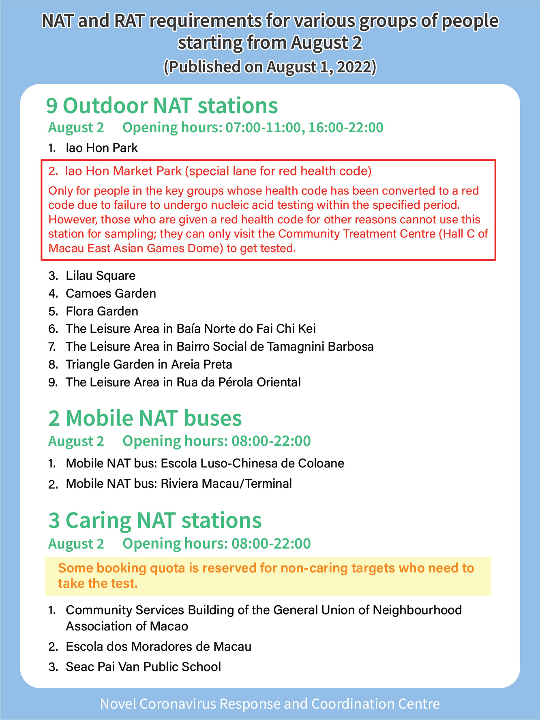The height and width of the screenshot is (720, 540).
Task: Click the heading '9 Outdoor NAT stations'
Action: [162, 106]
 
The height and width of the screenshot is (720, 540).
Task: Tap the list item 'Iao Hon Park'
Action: [102, 148]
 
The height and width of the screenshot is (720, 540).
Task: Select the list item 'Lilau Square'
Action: [101, 276]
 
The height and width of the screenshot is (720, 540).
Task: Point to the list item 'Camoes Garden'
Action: [111, 294]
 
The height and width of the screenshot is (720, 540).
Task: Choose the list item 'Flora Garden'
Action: [102, 311]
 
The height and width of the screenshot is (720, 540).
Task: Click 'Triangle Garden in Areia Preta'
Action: [149, 364]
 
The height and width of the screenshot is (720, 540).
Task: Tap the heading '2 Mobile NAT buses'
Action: [145, 418]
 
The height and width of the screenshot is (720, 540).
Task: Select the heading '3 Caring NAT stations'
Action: [155, 521]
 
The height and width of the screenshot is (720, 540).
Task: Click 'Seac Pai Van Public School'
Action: [143, 667]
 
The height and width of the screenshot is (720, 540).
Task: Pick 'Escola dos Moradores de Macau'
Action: [159, 647]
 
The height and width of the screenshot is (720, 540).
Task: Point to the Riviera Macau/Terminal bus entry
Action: [179, 484]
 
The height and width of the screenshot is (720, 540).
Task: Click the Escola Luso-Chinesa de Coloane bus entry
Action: [205, 463]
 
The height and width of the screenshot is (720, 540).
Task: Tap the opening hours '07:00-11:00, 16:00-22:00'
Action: [304, 128]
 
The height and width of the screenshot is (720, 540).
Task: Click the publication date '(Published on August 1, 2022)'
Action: [270, 67]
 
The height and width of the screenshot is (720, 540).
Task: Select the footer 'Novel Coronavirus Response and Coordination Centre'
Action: [270, 704]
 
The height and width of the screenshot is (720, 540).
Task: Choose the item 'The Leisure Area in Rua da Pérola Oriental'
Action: [183, 382]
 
